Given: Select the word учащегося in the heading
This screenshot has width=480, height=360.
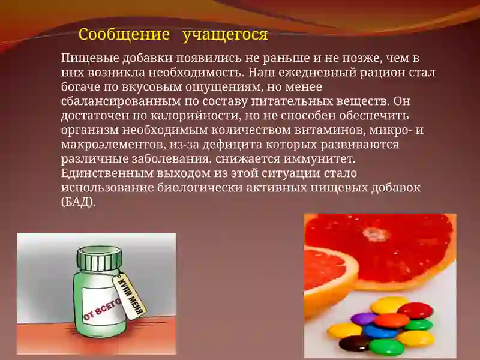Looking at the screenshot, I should (x=225, y=34).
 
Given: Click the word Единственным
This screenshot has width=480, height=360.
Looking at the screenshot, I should (x=103, y=173).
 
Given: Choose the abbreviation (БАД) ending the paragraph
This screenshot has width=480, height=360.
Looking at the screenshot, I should (x=78, y=202).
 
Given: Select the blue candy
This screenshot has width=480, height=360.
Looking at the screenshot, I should (x=380, y=331).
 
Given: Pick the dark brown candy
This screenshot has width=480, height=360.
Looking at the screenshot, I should (x=355, y=343).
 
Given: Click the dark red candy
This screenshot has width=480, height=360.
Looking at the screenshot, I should (x=415, y=310).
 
